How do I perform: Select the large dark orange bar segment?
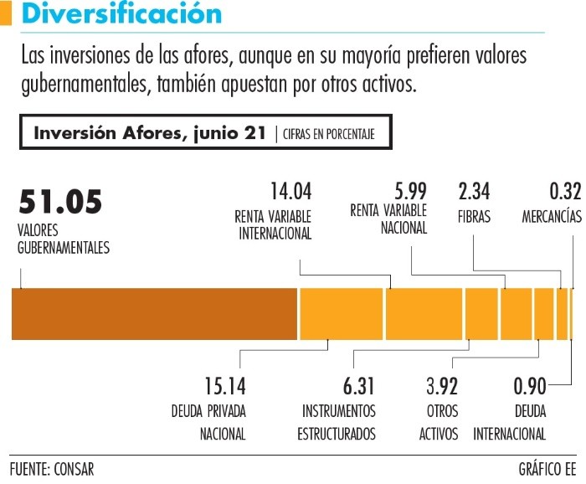pyautogui.click(x=155, y=313)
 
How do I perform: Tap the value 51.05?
pyautogui.click(x=60, y=202)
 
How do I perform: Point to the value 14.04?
pyautogui.click(x=291, y=192)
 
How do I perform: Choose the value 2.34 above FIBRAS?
pyautogui.click(x=474, y=192)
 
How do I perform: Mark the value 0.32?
pyautogui.click(x=565, y=192)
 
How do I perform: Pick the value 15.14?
pyautogui.click(x=225, y=386)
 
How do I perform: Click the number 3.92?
pyautogui.click(x=441, y=386)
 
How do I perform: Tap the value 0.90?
pyautogui.click(x=529, y=386)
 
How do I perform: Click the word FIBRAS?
pyautogui.click(x=474, y=215)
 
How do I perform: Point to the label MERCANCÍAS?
pyautogui.click(x=552, y=215)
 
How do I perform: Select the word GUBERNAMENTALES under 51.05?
pyautogui.click(x=64, y=247)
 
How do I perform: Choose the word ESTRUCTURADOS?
pyautogui.click(x=337, y=434)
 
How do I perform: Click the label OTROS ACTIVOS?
pyautogui.click(x=439, y=423)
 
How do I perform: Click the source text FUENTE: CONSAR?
pyautogui.click(x=52, y=468)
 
